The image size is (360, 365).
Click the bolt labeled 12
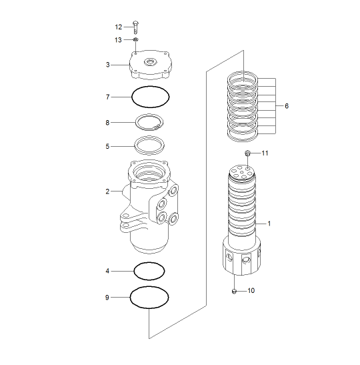[x=135, y=27]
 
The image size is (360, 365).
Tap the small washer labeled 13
[x=136, y=39]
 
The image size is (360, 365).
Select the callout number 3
[x=108, y=65]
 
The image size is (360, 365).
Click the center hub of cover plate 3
[x=151, y=62]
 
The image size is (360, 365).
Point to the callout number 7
[x=108, y=97]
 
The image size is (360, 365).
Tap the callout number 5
[x=107, y=146]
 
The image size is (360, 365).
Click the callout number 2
[x=107, y=192]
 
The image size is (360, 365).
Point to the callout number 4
[x=107, y=271]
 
